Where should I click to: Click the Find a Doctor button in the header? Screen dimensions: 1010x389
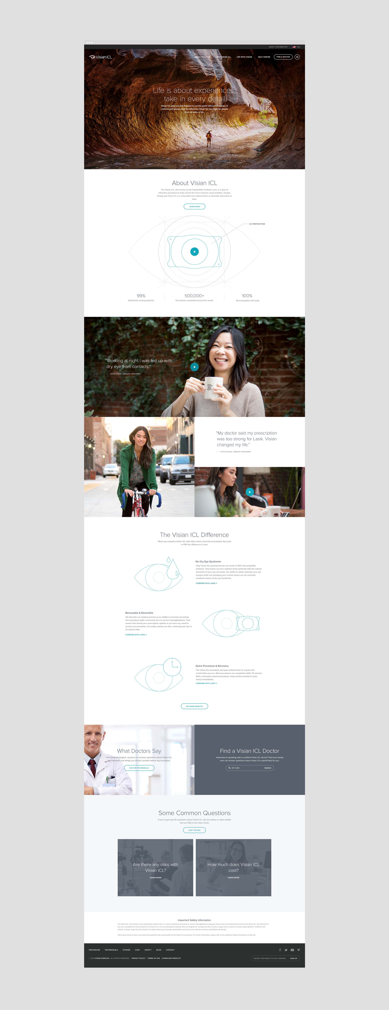point(283,57)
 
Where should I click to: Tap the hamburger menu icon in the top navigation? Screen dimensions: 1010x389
point(297,57)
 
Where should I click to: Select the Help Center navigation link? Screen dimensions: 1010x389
point(264,57)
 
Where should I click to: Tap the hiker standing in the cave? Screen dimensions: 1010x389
point(209,138)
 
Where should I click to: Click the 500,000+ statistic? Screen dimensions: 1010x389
point(194,296)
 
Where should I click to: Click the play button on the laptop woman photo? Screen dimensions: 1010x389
point(250,492)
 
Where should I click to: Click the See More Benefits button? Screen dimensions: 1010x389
point(194,706)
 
